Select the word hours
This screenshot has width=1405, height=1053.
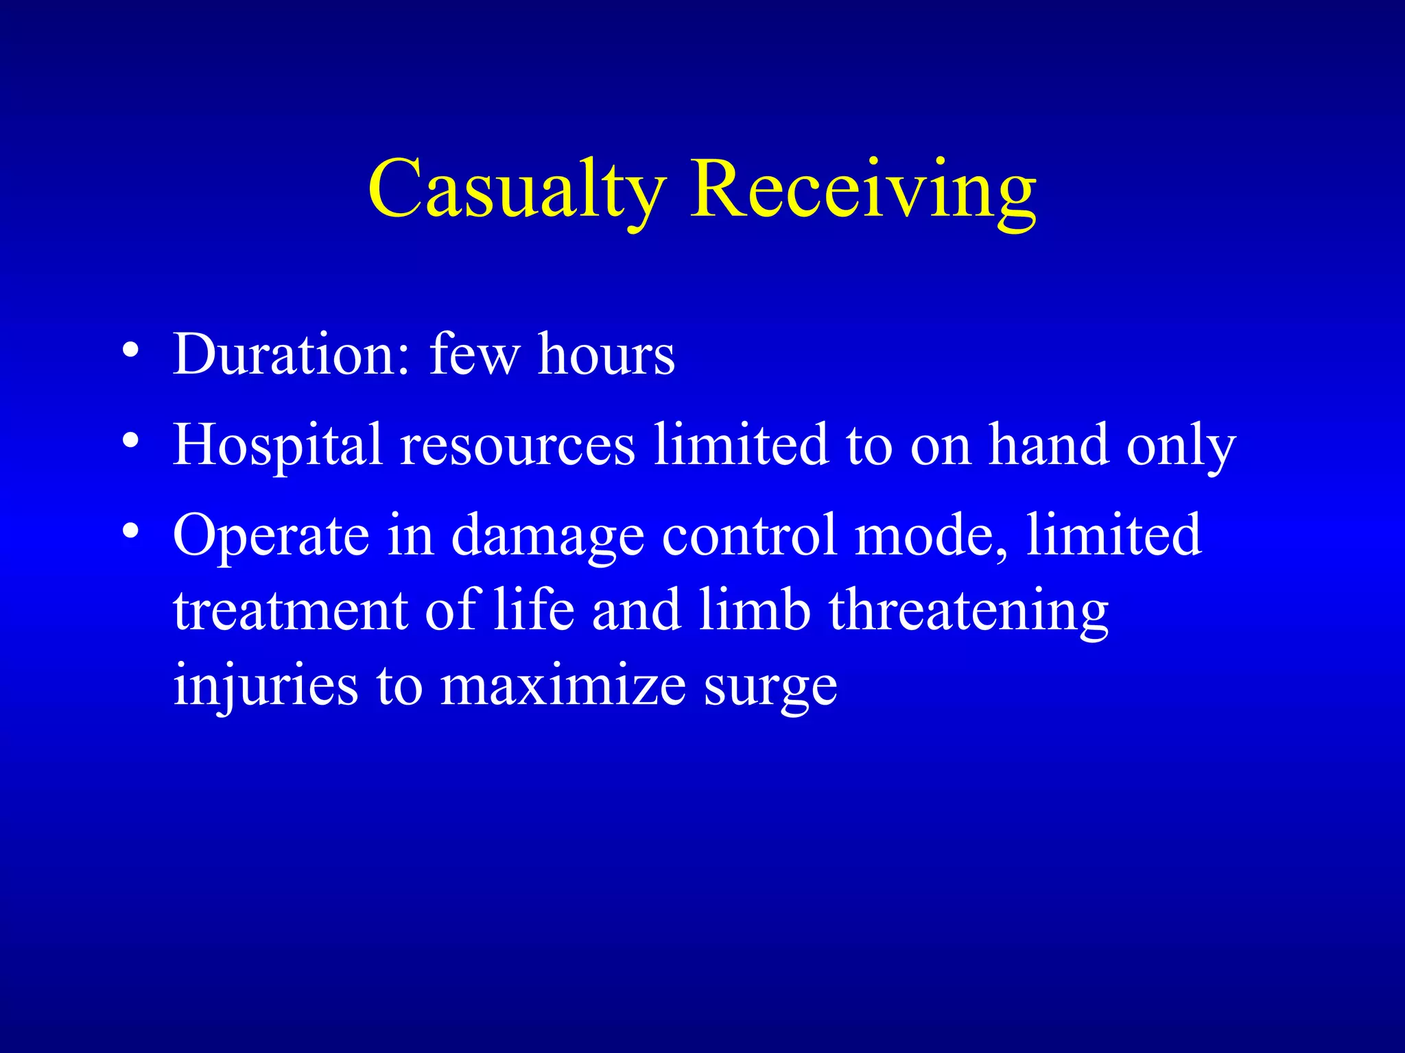point(606,354)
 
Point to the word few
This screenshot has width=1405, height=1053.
point(474,354)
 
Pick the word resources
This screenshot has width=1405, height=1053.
point(518,445)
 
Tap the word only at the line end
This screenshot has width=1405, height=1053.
point(1181,446)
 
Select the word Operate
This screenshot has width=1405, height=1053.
point(271,535)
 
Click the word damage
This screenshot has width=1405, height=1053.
point(547,537)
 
